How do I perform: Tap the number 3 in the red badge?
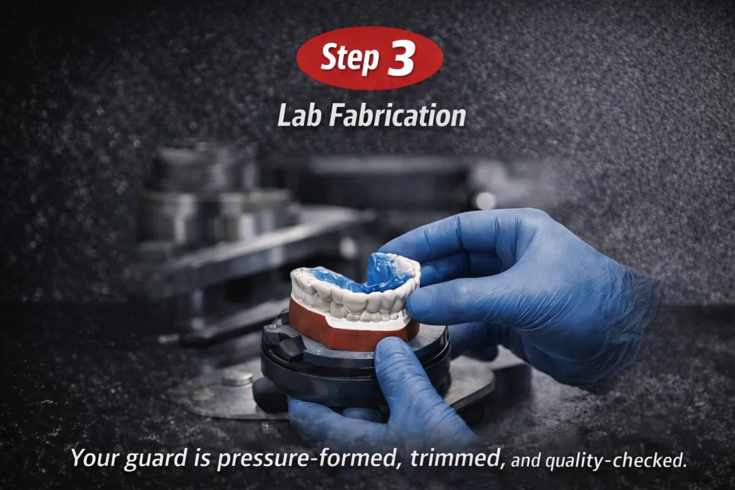[401, 59]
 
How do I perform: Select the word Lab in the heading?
[298, 115]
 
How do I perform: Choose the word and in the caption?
[527, 460]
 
